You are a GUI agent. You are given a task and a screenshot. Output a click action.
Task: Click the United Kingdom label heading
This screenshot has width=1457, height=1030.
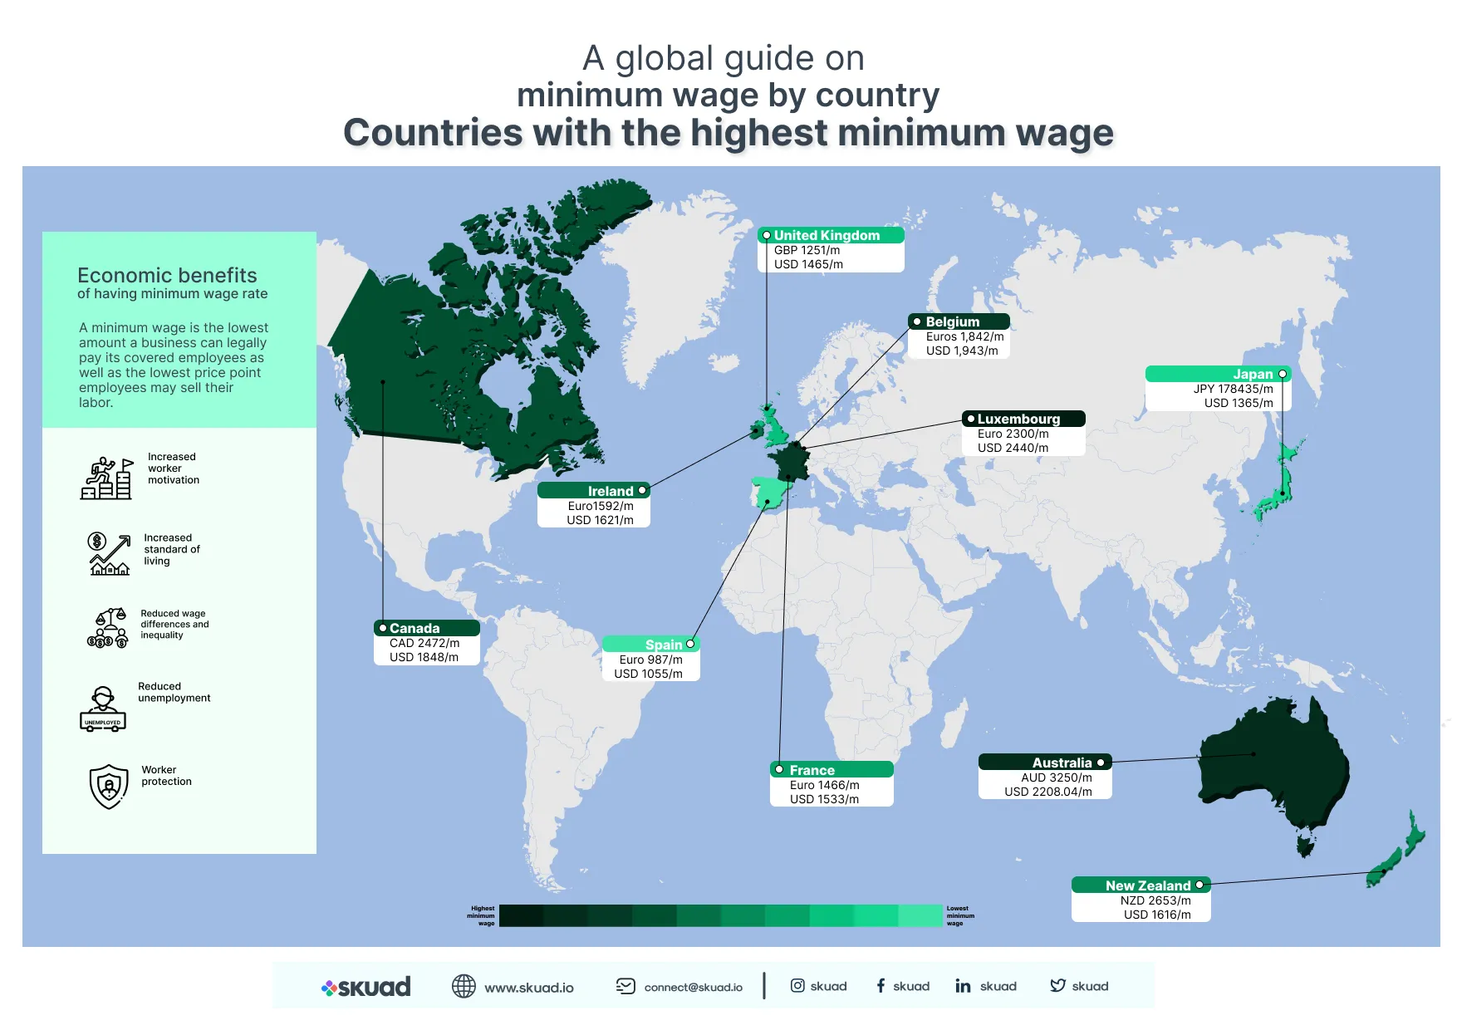[x=827, y=236]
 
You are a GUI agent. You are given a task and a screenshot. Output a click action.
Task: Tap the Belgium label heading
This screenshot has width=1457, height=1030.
[x=953, y=322]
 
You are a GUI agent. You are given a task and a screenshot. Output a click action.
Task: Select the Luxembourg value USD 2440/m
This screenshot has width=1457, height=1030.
[x=1013, y=448]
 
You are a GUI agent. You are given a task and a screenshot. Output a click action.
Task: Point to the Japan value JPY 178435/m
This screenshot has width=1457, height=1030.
[x=1233, y=389]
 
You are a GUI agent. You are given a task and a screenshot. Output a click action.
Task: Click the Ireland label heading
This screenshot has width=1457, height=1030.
[x=611, y=492]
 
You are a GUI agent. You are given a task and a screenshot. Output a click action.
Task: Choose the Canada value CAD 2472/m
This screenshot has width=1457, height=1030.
[x=424, y=643]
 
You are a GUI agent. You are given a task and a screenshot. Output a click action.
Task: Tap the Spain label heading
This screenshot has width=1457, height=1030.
[x=664, y=645]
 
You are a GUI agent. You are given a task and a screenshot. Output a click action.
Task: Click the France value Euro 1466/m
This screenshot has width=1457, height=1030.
[x=824, y=785]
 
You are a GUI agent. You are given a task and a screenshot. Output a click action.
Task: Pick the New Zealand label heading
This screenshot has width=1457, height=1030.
[x=1148, y=886]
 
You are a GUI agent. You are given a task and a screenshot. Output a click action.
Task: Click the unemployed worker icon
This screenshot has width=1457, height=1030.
[x=103, y=709]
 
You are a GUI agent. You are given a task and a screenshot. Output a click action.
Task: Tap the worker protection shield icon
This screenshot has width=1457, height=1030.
[x=109, y=786]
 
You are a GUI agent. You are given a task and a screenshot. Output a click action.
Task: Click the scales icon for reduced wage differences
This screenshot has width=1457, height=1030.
[x=108, y=628]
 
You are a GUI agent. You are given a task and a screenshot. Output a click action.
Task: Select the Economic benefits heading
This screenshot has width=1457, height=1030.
[x=167, y=276]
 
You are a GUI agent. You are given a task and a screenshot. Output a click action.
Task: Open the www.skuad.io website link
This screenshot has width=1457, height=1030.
[x=528, y=988]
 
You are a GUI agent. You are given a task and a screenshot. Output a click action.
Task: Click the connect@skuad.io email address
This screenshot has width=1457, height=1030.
[x=693, y=988]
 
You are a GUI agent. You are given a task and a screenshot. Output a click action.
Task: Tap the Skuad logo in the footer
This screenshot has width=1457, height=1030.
[x=366, y=987]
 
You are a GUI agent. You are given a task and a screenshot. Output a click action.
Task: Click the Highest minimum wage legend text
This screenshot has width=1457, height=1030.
[x=482, y=916]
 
